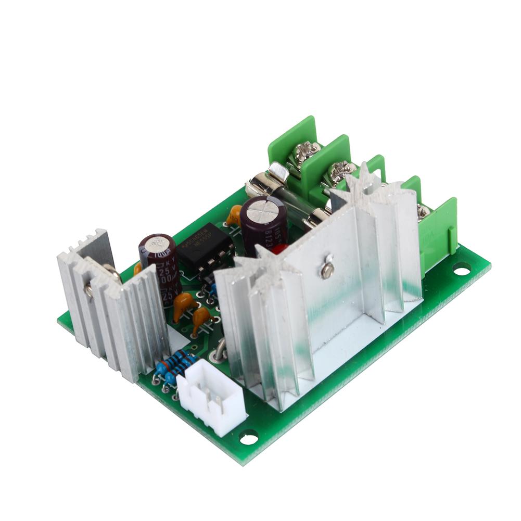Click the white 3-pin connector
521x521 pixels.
click(211, 398)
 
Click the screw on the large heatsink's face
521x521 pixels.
click(327, 270)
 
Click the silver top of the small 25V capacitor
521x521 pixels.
click(156, 244)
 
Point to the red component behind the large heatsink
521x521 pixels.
click(279, 249)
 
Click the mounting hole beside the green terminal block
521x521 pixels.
click(461, 269)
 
